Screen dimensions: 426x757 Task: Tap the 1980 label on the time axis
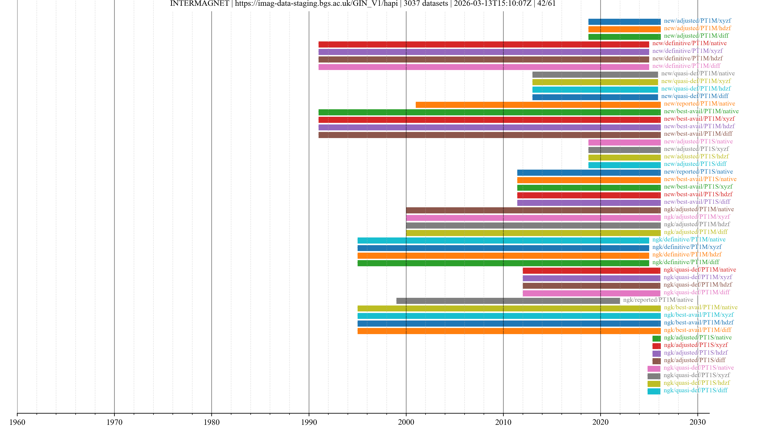pos(212,422)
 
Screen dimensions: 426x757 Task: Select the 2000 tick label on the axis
pos(406,422)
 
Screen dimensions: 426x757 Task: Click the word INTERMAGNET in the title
pos(199,4)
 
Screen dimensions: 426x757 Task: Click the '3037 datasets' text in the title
pos(426,4)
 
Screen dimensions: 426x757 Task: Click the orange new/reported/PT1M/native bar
pos(538,105)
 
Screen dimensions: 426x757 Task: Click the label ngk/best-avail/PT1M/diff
pos(697,330)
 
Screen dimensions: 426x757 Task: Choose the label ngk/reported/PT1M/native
pos(658,300)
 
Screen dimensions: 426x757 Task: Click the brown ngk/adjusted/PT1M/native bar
pos(533,210)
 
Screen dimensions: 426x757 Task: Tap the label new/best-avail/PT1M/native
pos(701,111)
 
